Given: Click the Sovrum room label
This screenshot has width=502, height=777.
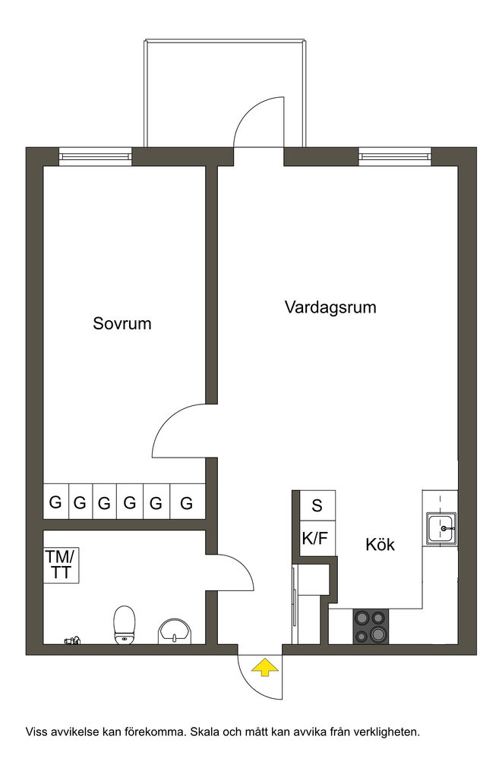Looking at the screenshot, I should click(122, 324).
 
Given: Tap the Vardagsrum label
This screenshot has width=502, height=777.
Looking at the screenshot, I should click(330, 308).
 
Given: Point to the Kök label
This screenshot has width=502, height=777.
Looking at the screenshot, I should click(380, 545).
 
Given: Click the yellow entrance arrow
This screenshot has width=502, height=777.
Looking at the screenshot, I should click(264, 668).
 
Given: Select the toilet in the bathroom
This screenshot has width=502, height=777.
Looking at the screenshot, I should click(124, 625).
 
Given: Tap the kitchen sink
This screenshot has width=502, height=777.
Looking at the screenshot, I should click(440, 527).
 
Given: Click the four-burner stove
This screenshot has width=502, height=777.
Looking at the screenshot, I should click(371, 627).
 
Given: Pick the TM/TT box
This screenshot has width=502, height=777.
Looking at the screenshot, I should click(61, 565).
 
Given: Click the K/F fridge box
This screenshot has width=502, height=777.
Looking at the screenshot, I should click(315, 539).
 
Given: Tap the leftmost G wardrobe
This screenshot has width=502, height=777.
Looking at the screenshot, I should click(55, 502).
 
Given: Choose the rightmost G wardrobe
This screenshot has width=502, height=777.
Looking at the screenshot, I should click(187, 502).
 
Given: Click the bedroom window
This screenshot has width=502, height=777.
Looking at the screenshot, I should click(96, 157).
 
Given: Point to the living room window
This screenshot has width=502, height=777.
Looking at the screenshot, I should click(395, 157).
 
